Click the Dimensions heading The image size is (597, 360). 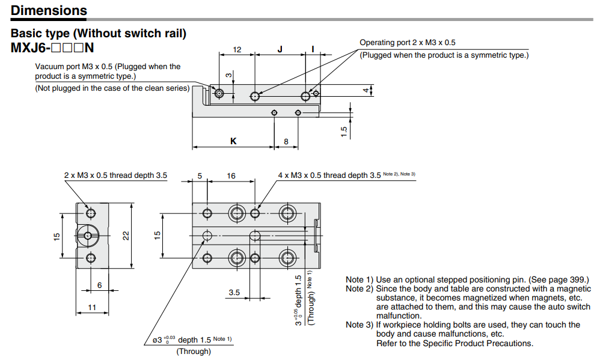(x=49, y=10)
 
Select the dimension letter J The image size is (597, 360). (x=280, y=49)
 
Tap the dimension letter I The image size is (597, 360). (x=313, y=49)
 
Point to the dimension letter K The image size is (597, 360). (x=233, y=141)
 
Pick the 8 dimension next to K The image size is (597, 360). (x=286, y=141)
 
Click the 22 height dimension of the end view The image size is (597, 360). (x=126, y=236)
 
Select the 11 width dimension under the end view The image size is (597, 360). (x=93, y=307)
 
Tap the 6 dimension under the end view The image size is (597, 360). (x=100, y=285)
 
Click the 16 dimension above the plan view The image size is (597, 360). (x=231, y=176)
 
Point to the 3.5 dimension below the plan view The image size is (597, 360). (x=234, y=293)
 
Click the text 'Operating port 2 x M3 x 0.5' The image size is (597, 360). (x=408, y=43)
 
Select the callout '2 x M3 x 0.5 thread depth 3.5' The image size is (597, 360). (x=115, y=175)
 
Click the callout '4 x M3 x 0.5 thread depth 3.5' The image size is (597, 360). (x=329, y=175)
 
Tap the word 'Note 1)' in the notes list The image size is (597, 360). (x=359, y=280)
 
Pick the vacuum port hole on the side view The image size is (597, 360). (x=219, y=94)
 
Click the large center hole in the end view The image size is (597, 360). (x=89, y=235)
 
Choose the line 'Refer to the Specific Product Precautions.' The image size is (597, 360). (x=455, y=343)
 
